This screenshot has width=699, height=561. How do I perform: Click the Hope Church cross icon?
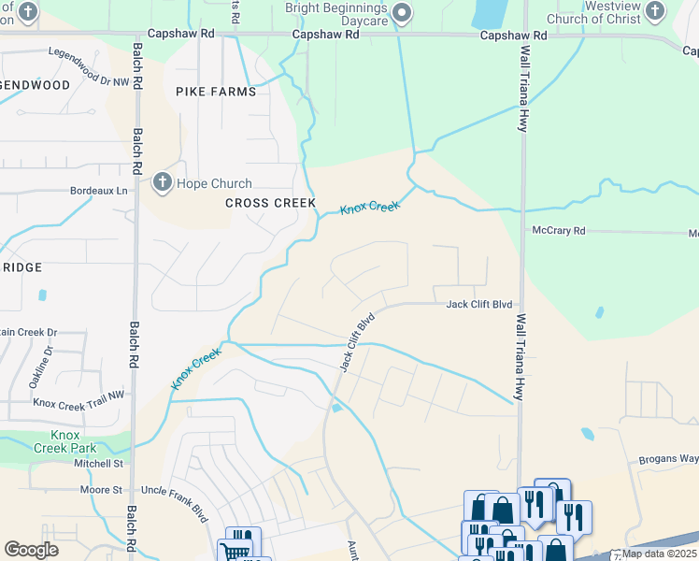[x=162, y=183]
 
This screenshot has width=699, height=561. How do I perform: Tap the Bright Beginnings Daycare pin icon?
[x=403, y=13]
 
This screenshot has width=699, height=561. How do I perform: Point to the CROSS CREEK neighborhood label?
[x=271, y=203]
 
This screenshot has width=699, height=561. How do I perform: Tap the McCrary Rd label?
[x=558, y=230]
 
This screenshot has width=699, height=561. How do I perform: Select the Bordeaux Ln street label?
[x=97, y=190]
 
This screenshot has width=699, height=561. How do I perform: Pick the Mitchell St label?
[x=99, y=463]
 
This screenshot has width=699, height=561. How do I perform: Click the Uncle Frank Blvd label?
[x=173, y=490]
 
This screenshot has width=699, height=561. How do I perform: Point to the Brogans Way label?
[x=669, y=459]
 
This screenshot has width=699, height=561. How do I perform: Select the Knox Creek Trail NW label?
[x=78, y=402]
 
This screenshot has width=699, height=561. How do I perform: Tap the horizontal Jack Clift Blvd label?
[x=479, y=304]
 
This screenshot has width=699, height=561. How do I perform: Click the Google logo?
[x=31, y=549]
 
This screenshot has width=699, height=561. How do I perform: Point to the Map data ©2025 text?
[x=658, y=554]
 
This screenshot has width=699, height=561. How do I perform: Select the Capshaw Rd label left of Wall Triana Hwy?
[x=513, y=35]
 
